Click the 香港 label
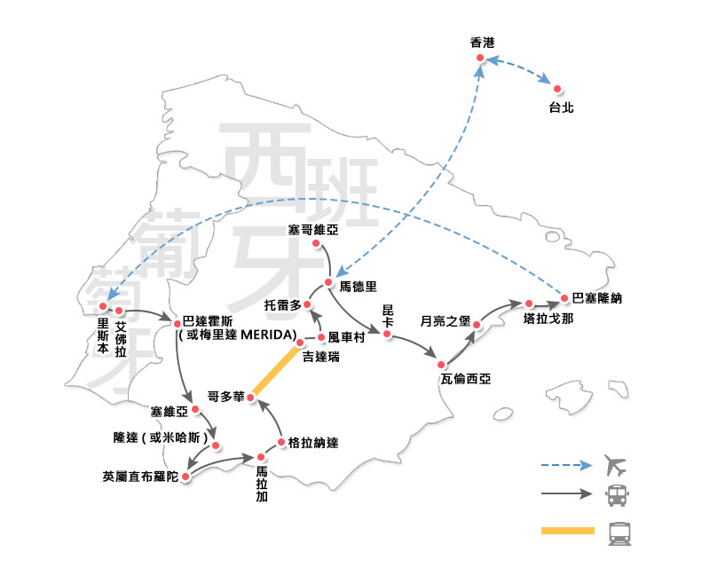tap(483, 43)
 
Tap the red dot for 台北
tap(557, 89)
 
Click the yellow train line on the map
tap(275, 370)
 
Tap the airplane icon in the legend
tap(614, 464)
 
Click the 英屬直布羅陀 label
tap(140, 476)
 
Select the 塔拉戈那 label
tap(549, 318)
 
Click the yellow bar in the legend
tap(567, 532)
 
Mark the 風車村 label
tap(347, 337)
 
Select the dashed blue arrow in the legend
tap(567, 464)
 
